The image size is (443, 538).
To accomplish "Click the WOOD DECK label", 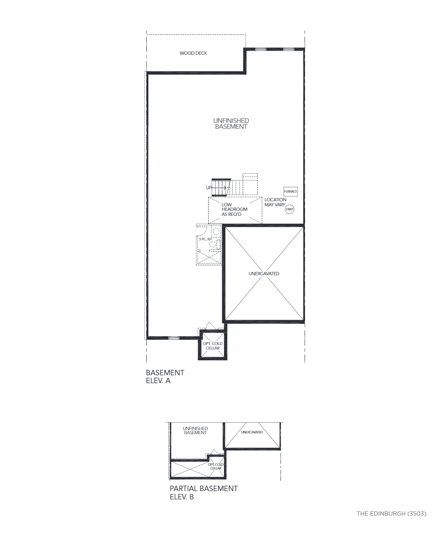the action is pyautogui.click(x=193, y=53).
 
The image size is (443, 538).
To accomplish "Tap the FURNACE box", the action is pyautogui.click(x=290, y=191).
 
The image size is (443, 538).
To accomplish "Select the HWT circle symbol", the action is pyautogui.click(x=290, y=209).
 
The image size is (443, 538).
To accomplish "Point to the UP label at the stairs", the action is pyautogui.click(x=209, y=188).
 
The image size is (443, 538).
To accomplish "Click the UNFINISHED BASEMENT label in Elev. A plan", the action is pyautogui.click(x=231, y=123).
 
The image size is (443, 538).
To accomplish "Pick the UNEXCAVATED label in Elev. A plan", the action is pyautogui.click(x=264, y=274).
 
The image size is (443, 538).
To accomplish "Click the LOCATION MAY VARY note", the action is pyautogui.click(x=275, y=202).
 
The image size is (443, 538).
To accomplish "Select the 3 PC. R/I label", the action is pyautogui.click(x=205, y=239).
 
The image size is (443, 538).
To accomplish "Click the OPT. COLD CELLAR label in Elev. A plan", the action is pyautogui.click(x=213, y=346).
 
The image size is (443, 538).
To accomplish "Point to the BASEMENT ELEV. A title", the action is pyautogui.click(x=165, y=377).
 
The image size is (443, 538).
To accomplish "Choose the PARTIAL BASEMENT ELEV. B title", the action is pyautogui.click(x=204, y=493).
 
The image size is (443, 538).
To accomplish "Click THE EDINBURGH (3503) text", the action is pyautogui.click(x=391, y=514).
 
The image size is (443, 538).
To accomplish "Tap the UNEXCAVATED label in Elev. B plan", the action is pyautogui.click(x=252, y=432).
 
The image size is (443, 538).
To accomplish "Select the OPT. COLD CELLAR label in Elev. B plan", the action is pyautogui.click(x=216, y=466).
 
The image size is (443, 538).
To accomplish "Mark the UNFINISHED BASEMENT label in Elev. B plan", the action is pyautogui.click(x=195, y=430).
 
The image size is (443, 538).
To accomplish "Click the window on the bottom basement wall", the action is pyautogui.click(x=174, y=338).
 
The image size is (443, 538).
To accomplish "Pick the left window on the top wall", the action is pyautogui.click(x=261, y=49).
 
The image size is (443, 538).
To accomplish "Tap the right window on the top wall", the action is pyautogui.click(x=288, y=49).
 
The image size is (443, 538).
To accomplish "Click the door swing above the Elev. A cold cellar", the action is pyautogui.click(x=212, y=326).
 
